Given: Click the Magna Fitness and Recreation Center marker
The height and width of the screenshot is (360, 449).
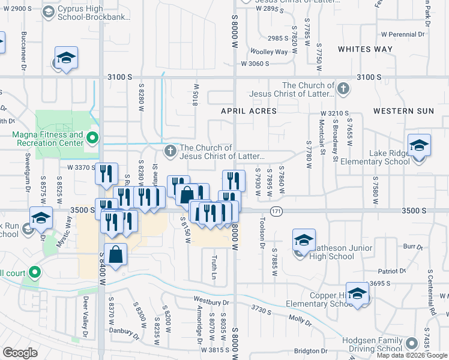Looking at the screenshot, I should pos(92,139).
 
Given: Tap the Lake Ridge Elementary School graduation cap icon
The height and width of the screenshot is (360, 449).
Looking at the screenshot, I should pos(419,146).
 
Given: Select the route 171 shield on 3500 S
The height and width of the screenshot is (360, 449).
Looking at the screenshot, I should pos(276,211).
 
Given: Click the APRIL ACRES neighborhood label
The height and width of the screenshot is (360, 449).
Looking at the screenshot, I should pos(249,111).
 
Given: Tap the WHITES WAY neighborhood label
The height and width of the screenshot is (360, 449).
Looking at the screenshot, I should pos(365,49).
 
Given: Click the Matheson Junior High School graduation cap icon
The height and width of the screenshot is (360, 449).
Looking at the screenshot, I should pos(304,241).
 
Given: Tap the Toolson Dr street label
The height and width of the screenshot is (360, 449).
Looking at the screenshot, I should pos(262,234).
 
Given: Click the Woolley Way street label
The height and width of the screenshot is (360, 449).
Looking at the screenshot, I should pos(269,52).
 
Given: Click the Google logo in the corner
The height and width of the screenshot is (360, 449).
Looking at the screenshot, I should pos(20,353).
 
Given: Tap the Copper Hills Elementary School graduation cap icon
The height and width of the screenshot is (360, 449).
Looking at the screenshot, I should pos(357,294).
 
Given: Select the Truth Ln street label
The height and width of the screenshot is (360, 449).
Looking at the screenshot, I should pos(214,266).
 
